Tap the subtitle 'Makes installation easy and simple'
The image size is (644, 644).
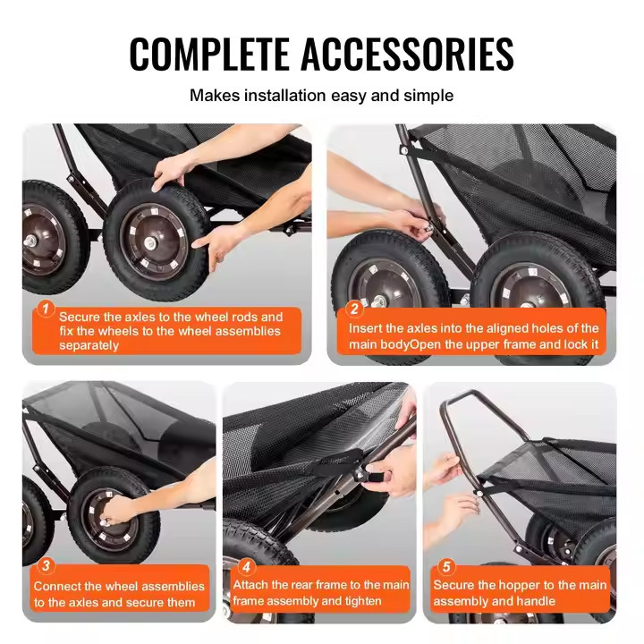321,95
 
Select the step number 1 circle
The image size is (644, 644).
44,310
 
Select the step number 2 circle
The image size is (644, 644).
354,309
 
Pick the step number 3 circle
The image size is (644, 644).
47,565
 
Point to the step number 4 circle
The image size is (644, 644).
248,565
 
